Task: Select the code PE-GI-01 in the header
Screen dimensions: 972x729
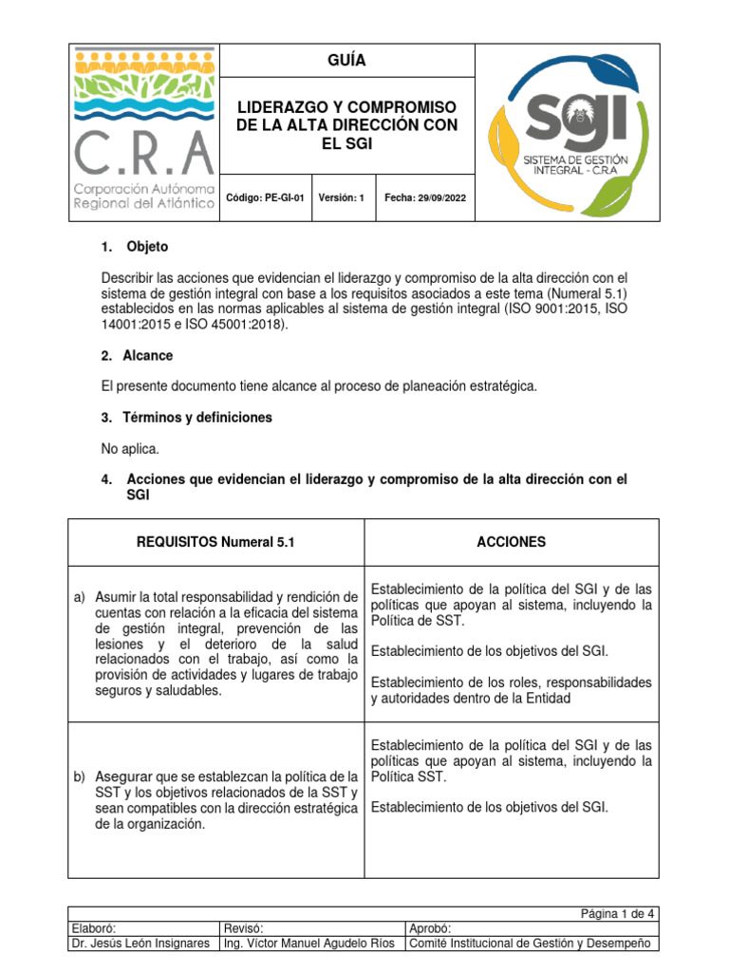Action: [283, 198]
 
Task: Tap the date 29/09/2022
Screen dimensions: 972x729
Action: [434, 198]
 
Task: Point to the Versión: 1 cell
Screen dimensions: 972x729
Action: [342, 198]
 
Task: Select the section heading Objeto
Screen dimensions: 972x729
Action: [147, 247]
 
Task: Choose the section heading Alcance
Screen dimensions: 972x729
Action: [148, 356]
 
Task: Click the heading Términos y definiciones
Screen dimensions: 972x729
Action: [199, 418]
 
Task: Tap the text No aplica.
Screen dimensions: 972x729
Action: [131, 448]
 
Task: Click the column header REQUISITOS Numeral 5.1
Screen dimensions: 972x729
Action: [217, 542]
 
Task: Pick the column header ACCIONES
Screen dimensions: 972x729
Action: [511, 542]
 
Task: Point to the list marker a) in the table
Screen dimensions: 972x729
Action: [81, 597]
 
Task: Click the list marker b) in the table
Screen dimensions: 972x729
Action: [81, 777]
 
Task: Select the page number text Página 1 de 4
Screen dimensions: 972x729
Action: [618, 913]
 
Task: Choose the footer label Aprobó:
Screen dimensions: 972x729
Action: [429, 928]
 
